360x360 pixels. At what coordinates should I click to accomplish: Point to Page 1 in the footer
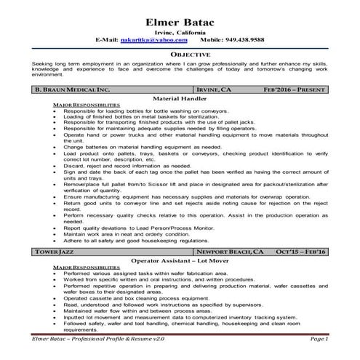[319, 339]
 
